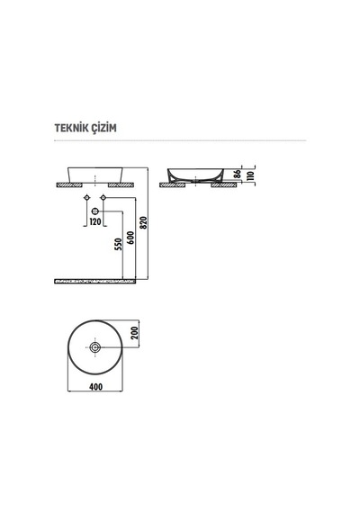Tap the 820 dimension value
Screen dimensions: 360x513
point(144,222)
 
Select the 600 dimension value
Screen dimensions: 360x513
point(130,238)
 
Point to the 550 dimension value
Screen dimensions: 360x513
point(118,245)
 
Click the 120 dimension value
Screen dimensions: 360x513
point(95,221)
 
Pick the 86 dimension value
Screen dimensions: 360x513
point(238,174)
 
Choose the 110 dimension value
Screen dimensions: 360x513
point(251,175)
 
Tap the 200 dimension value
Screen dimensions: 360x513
point(135,333)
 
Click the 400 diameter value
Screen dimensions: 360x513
point(95,387)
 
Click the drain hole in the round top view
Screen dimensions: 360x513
point(95,347)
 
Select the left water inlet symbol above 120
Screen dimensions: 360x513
point(86,198)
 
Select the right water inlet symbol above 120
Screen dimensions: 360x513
point(103,198)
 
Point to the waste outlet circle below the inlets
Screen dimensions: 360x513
point(95,211)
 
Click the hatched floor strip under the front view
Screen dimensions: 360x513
point(94,281)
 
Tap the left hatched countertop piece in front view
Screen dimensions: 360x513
point(69,185)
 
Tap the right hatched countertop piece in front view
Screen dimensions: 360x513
point(121,185)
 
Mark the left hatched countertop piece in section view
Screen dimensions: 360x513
point(172,185)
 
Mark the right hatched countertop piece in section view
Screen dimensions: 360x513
point(224,185)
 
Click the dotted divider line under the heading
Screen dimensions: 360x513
point(180,140)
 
